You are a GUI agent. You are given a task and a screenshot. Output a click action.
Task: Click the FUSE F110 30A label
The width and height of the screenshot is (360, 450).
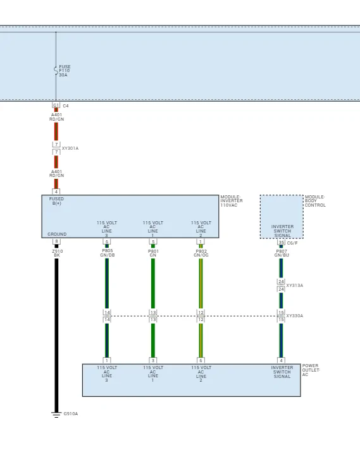65,71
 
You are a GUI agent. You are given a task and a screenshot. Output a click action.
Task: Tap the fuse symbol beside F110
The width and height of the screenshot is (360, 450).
56,71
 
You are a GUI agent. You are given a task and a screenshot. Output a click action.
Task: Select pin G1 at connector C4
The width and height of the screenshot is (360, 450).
56,106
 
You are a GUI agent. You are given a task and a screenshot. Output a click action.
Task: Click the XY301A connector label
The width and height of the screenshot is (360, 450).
70,149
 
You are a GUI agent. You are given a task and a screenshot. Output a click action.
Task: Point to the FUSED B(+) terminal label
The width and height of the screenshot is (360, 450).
56,201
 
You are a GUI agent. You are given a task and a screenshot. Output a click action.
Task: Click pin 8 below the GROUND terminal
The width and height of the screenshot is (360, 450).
56,241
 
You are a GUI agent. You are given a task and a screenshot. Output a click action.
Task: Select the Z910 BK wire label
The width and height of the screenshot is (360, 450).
57,253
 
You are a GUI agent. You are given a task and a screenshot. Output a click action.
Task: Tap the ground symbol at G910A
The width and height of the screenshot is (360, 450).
56,415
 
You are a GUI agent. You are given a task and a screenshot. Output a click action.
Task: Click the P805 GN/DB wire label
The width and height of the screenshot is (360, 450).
108,253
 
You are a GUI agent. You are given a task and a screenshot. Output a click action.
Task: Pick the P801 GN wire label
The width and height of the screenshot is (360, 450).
153,253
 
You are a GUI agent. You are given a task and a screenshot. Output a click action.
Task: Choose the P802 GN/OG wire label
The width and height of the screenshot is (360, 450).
201,253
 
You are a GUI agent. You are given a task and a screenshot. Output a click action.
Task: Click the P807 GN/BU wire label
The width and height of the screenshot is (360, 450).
282,253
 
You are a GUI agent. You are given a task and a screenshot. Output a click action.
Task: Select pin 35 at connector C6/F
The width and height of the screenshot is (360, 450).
281,243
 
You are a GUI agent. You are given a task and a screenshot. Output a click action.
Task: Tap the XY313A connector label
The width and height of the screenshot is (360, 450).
294,286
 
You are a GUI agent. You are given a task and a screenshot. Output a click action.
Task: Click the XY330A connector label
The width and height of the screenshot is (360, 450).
294,315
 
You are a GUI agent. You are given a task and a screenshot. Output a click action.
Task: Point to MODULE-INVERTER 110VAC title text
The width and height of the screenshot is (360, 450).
232,201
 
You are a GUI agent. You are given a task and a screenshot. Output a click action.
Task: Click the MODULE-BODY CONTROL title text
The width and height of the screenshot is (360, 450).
315,201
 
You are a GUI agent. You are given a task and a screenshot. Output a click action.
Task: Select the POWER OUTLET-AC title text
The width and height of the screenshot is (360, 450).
311,370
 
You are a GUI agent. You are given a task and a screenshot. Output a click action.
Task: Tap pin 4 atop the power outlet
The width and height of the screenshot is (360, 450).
281,360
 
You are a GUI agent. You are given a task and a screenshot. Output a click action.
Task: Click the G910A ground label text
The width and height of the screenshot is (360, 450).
71,413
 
